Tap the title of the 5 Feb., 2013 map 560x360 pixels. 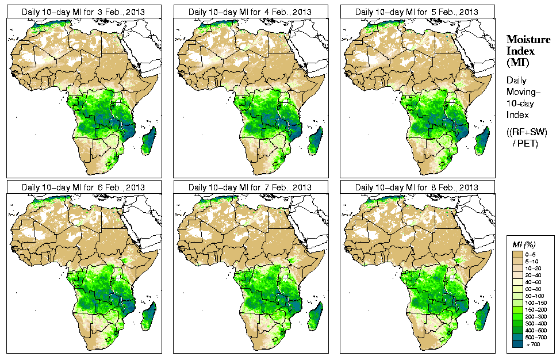coord(417,12)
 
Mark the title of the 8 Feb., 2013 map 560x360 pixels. coord(417,188)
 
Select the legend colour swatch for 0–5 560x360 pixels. coord(517,254)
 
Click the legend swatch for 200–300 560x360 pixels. coord(517,316)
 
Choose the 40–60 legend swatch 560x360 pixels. coord(517,281)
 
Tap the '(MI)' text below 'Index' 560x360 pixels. coord(517,62)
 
